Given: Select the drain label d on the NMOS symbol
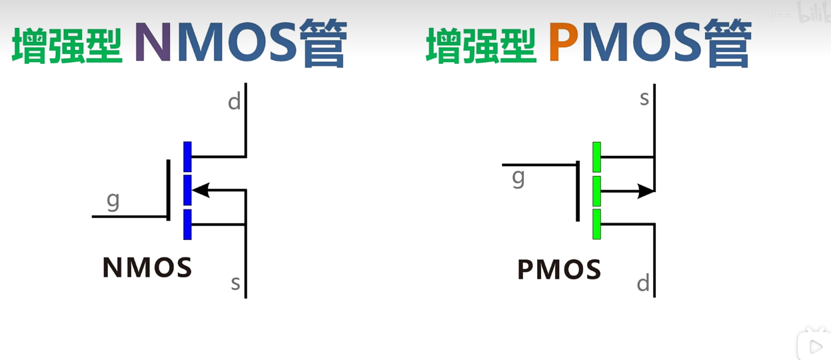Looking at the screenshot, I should [x=234, y=102].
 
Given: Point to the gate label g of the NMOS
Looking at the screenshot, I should [x=113, y=200].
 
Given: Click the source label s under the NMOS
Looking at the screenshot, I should [x=235, y=283].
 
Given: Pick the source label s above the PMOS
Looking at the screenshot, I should [x=644, y=99].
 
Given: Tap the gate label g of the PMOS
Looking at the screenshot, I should [x=518, y=177].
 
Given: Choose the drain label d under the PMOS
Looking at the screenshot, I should [x=643, y=283].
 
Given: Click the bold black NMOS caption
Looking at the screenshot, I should [x=147, y=268].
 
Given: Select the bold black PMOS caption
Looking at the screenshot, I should [x=559, y=270].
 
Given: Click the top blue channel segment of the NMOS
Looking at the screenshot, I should [x=187, y=157].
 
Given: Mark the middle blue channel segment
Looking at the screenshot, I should [x=187, y=190].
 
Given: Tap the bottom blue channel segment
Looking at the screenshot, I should [x=187, y=224].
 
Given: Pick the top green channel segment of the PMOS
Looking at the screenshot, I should [x=596, y=157].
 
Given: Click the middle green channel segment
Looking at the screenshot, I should [x=596, y=191].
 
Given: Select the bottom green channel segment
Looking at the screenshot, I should [x=596, y=224].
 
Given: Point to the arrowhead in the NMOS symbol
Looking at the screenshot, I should [x=200, y=191].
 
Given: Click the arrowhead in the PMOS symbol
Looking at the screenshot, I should [x=646, y=191].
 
